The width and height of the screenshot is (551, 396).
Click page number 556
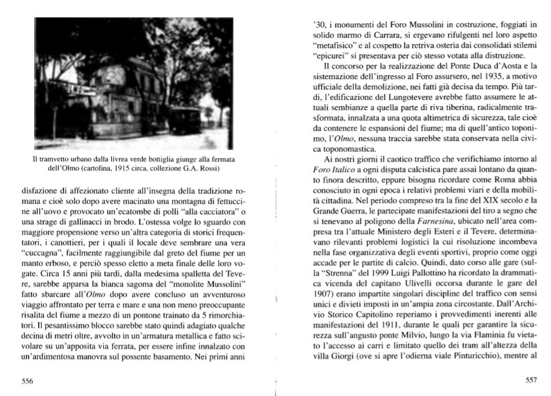click(x=27, y=380)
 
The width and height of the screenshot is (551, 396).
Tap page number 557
click(x=531, y=380)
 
